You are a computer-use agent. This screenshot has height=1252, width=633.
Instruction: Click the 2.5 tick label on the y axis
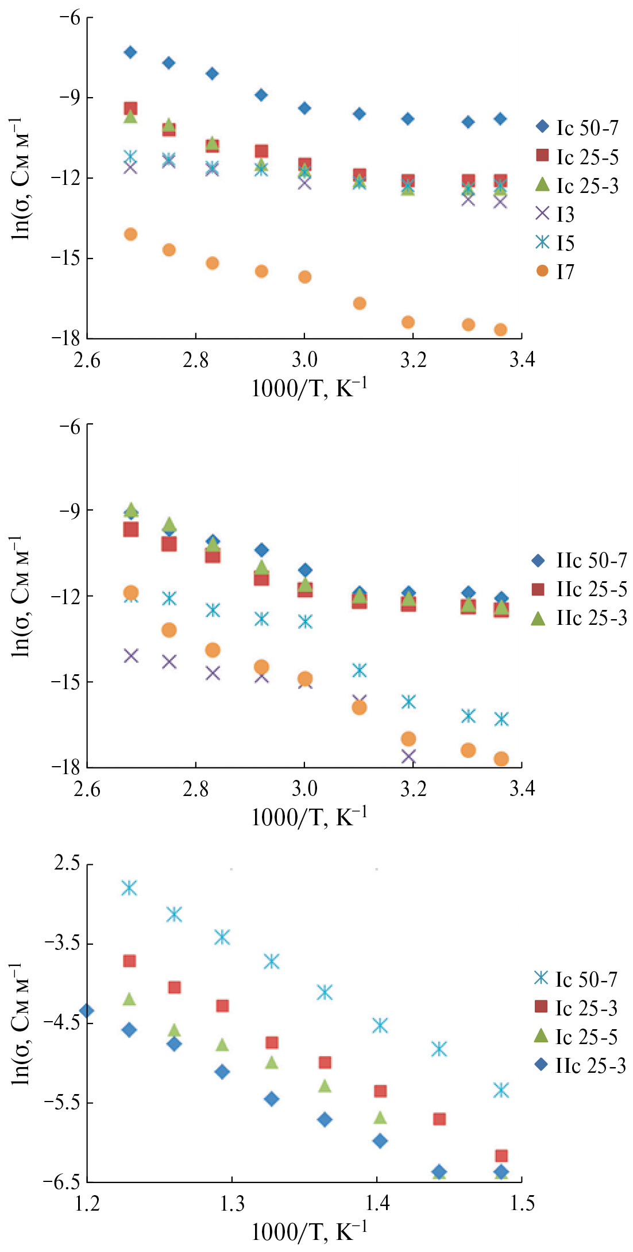point(67,864)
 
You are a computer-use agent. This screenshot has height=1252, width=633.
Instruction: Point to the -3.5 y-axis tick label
point(61,944)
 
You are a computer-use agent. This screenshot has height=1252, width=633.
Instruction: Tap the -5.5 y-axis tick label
point(61,1103)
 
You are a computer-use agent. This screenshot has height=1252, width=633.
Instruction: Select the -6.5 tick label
point(61,1182)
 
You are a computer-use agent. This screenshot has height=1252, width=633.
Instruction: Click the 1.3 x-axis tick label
point(232,1203)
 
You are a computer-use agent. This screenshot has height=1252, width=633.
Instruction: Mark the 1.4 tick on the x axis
point(377,1203)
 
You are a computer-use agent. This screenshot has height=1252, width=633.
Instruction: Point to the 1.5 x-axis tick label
point(522,1203)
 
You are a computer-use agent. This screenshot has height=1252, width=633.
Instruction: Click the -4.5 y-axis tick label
point(61,1023)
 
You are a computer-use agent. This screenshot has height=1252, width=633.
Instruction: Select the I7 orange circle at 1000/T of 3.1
point(360,303)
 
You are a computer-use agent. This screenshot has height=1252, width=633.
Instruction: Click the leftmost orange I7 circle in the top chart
point(130,234)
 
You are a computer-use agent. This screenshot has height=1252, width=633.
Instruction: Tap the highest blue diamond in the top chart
point(130,52)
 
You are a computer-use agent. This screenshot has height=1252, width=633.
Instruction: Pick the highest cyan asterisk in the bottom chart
point(129,888)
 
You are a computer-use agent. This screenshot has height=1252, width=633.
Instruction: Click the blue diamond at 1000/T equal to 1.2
point(87,1011)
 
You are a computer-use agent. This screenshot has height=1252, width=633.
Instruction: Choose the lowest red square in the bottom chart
point(501,1156)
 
